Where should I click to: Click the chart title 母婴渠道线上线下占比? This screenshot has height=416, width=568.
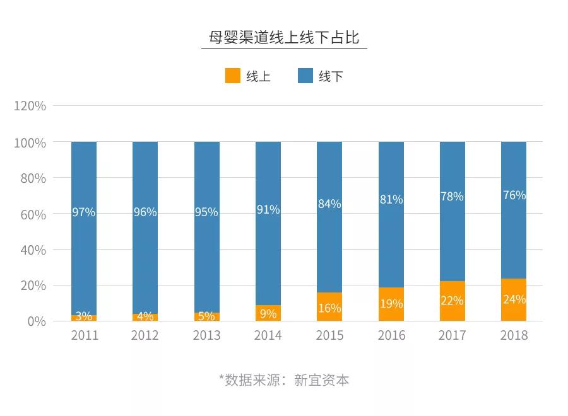[284, 38]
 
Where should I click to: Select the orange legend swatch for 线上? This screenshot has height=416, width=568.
[233, 76]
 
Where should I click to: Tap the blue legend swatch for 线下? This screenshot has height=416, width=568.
[305, 76]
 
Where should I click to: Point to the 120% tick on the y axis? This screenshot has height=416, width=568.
[30, 106]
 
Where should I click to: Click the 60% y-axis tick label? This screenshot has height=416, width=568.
[30, 214]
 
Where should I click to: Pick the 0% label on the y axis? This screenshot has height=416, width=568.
[35, 321]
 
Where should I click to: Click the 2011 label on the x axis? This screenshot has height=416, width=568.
[84, 335]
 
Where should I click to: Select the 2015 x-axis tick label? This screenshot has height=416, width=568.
[329, 335]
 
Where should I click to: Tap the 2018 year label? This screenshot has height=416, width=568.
[514, 335]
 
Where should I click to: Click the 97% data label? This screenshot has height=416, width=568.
[84, 212]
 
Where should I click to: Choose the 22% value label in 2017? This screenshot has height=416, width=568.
[452, 301]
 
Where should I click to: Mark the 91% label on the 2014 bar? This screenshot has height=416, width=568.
[268, 209]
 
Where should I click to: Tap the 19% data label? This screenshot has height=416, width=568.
[391, 304]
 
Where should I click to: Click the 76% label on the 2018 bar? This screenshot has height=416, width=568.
[514, 195]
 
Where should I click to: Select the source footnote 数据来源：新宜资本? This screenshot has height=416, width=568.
[284, 380]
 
